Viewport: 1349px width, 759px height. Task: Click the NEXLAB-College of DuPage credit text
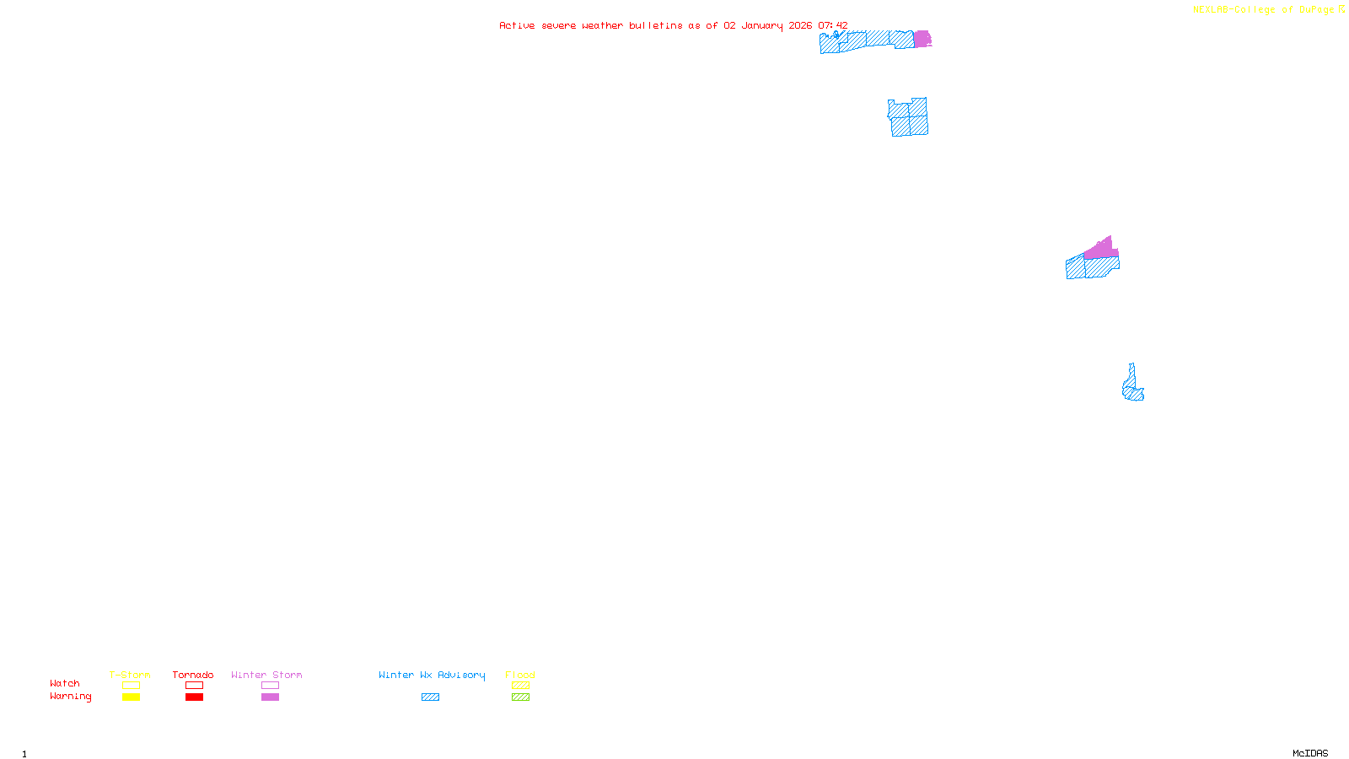[x=1264, y=10]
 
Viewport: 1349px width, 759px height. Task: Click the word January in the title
[x=761, y=26]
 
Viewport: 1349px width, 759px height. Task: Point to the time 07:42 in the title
[x=832, y=26]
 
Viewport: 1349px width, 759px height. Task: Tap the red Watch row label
[x=65, y=684]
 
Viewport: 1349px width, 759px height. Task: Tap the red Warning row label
[x=70, y=697]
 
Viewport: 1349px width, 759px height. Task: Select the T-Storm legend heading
[x=130, y=675]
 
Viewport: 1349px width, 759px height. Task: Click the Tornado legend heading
[x=193, y=675]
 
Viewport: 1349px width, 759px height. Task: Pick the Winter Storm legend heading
[x=266, y=675]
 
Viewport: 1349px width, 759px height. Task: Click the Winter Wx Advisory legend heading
[x=432, y=675]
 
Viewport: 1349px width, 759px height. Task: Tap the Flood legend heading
[x=520, y=675]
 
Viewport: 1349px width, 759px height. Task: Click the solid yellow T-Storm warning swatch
[x=131, y=697]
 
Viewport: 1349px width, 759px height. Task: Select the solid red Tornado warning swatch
[x=195, y=697]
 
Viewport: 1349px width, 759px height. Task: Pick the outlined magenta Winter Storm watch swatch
[x=270, y=686]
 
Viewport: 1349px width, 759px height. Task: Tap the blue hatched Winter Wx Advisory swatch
[x=430, y=697]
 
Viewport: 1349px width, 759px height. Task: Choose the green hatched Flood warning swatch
[x=520, y=697]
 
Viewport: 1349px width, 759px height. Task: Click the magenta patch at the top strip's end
[x=922, y=39]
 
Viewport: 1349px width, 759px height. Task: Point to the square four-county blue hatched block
[x=909, y=117]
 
